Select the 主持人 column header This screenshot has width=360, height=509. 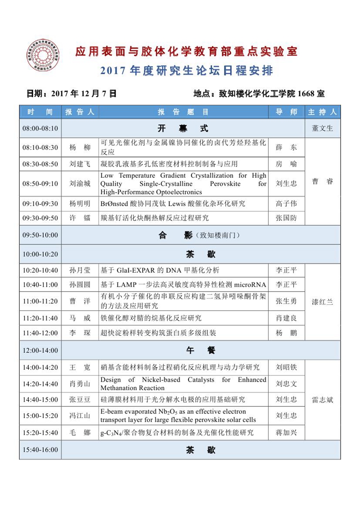[x=322, y=112]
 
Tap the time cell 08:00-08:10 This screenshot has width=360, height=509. [x=40, y=128]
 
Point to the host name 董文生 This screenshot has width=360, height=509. [x=322, y=128]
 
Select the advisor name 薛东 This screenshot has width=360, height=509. [x=286, y=147]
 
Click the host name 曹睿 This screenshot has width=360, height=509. [x=322, y=181]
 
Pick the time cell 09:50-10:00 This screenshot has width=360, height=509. [x=40, y=235]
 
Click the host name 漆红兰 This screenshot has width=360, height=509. [x=322, y=302]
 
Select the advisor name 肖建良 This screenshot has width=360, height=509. [x=286, y=318]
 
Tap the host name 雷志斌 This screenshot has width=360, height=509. [x=322, y=400]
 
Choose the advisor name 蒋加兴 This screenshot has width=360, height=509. [x=286, y=432]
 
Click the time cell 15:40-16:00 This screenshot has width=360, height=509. [x=40, y=450]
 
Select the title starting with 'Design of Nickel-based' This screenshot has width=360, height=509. [x=183, y=384]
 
